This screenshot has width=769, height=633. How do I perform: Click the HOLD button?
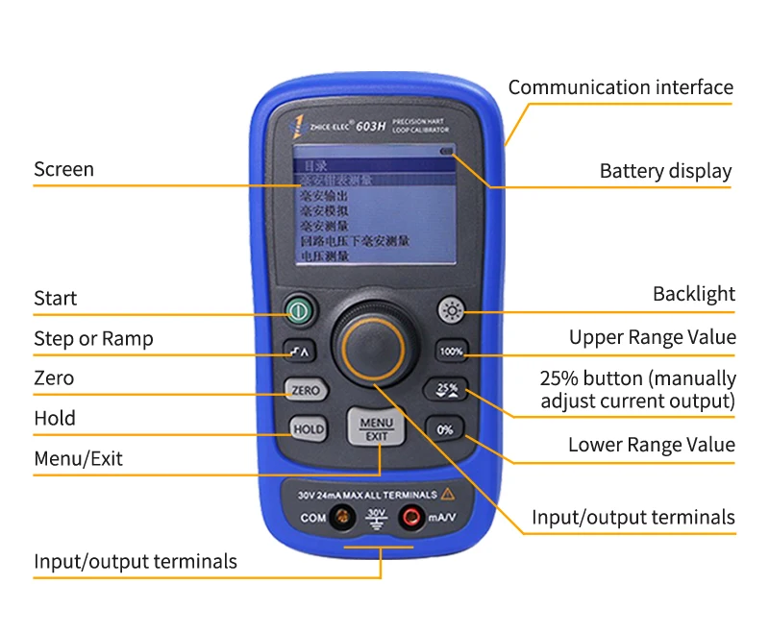pyautogui.click(x=308, y=429)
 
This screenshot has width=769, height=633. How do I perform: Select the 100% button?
pyautogui.click(x=451, y=352)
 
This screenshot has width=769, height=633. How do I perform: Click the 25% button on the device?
pyautogui.click(x=446, y=390)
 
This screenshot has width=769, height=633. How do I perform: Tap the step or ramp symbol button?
pyautogui.click(x=300, y=352)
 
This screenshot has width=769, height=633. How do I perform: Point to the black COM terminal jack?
pyautogui.click(x=342, y=518)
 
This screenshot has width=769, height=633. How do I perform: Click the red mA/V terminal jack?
pyautogui.click(x=411, y=518)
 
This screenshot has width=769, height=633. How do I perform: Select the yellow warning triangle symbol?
pyautogui.click(x=447, y=495)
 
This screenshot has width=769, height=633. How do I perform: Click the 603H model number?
pyautogui.click(x=371, y=124)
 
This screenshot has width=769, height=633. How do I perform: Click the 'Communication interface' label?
pyautogui.click(x=620, y=87)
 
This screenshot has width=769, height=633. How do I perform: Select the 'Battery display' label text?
pyautogui.click(x=665, y=172)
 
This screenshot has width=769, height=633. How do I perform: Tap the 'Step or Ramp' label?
pyautogui.click(x=93, y=338)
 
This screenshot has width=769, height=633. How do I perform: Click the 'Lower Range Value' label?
pyautogui.click(x=651, y=445)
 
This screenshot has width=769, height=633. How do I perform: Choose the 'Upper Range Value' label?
pyautogui.click(x=652, y=337)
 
